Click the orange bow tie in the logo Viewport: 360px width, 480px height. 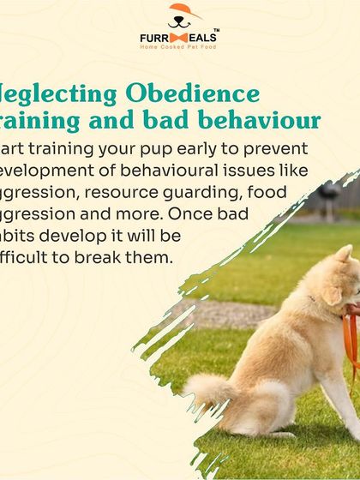click(x=179, y=39)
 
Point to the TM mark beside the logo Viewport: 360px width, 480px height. click(x=215, y=31)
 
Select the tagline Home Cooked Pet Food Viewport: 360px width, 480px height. click(x=179, y=47)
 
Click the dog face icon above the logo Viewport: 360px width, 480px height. click(x=179, y=15)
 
